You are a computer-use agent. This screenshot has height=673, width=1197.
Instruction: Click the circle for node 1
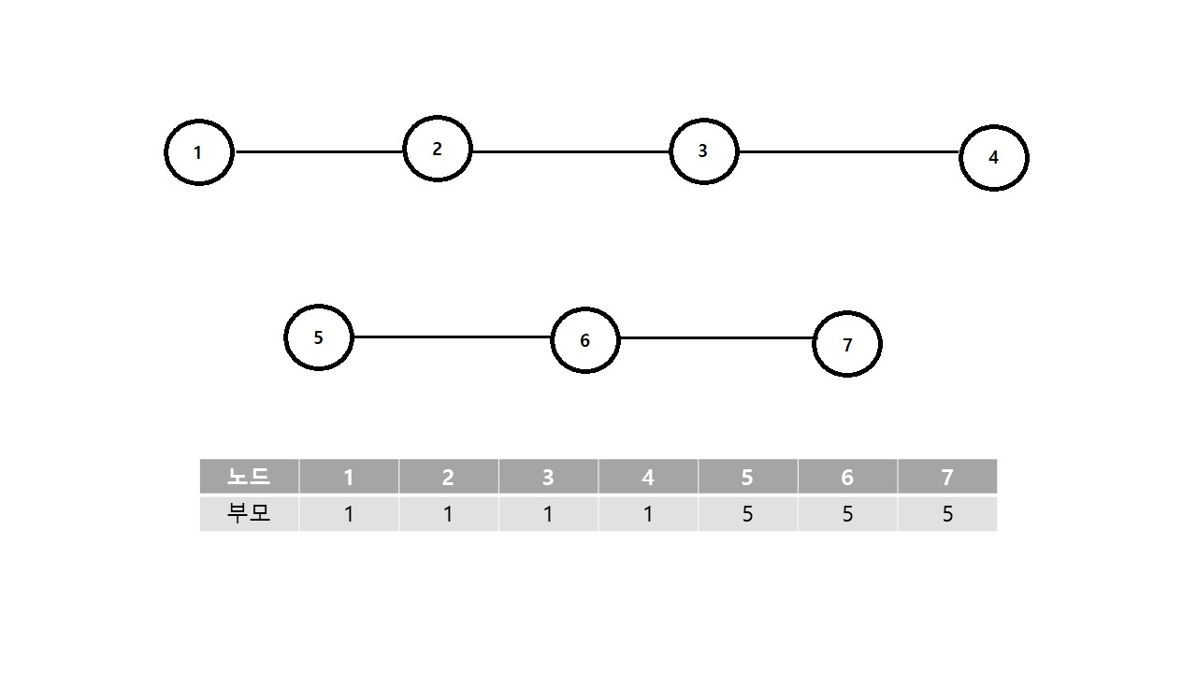tap(198, 152)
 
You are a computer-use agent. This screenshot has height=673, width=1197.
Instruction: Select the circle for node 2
tap(437, 149)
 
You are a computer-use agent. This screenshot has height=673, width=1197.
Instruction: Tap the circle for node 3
tap(703, 151)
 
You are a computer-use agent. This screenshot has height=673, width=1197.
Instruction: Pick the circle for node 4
tap(993, 158)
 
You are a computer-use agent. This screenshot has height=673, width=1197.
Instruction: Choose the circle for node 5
tap(318, 337)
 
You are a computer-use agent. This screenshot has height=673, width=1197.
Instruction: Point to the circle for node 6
tap(584, 340)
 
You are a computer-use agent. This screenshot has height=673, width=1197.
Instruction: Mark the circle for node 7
tap(846, 345)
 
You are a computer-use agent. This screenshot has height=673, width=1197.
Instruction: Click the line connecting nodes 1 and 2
tap(318, 151)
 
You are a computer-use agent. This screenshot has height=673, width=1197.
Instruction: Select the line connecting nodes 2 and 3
tap(570, 151)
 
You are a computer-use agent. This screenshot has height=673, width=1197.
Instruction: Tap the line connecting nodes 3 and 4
tap(848, 151)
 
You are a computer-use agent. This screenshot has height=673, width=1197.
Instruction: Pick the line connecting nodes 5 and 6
tap(452, 336)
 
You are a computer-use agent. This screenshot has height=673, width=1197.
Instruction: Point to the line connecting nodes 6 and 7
tap(716, 337)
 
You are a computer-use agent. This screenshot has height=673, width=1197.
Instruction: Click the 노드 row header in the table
tap(249, 477)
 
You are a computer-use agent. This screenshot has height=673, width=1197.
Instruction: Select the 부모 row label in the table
tap(249, 513)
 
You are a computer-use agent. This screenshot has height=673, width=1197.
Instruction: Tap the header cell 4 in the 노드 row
tap(647, 477)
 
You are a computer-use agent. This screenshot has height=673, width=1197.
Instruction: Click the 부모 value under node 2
tap(448, 514)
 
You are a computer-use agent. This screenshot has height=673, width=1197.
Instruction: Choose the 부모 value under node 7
tap(947, 514)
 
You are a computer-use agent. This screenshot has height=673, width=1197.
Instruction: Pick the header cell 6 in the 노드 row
tap(847, 477)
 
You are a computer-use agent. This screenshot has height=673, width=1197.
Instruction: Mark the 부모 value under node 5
tap(747, 514)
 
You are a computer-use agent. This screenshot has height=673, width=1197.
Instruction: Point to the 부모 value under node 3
tap(548, 514)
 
